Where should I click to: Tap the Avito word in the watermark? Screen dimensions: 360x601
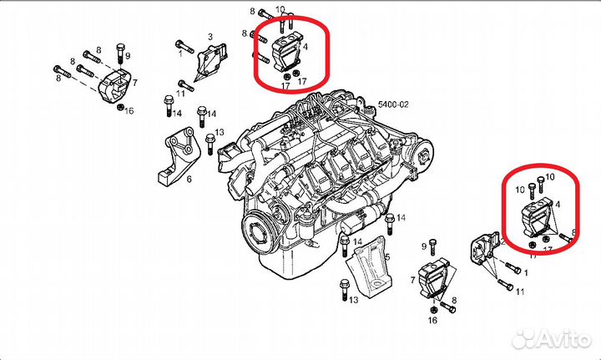point(560,337)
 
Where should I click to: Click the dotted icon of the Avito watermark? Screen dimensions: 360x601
point(525,337)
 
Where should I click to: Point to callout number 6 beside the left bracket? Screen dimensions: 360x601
point(189,179)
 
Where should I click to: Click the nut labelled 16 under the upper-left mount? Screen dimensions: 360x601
point(120,109)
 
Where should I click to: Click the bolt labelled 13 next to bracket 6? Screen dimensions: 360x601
point(210,135)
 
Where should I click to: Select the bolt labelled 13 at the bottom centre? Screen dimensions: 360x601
point(341,287)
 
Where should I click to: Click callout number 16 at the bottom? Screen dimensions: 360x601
point(432,320)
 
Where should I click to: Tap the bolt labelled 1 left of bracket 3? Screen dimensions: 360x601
point(184,43)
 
